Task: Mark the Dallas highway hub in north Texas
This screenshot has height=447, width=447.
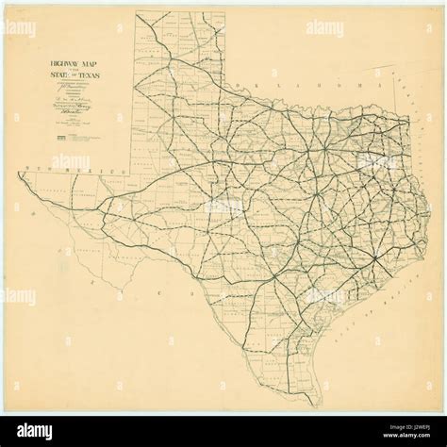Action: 326,151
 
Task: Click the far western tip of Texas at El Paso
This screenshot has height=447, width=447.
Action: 19,175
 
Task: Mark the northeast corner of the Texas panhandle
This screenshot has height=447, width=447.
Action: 224,12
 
